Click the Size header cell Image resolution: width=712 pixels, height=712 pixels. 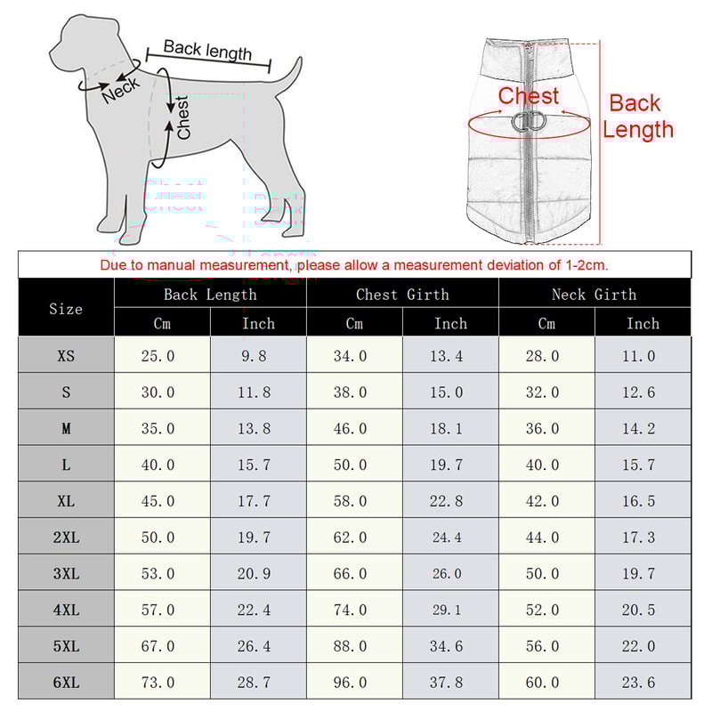[66, 309]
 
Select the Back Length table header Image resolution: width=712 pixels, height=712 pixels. [210, 295]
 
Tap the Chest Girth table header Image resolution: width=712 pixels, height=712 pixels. [402, 295]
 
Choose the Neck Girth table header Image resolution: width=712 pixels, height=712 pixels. [594, 295]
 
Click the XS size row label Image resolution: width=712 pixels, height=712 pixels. [66, 356]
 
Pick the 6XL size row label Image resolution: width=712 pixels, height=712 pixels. [66, 683]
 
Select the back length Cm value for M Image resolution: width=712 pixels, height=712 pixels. [158, 429]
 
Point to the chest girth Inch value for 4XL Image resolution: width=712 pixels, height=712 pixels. [447, 611]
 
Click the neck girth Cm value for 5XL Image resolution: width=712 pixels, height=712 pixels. [543, 646]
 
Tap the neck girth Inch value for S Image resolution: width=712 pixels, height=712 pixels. [639, 392]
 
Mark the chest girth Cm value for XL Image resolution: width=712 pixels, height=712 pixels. [351, 501]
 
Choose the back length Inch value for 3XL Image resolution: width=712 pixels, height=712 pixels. [255, 574]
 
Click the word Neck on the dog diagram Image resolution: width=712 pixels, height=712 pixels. [120, 90]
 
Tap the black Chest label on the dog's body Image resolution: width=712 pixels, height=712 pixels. [183, 117]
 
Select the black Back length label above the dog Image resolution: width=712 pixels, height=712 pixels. [207, 51]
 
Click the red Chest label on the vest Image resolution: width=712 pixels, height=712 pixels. [529, 96]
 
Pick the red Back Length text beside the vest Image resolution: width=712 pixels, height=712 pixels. [637, 117]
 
